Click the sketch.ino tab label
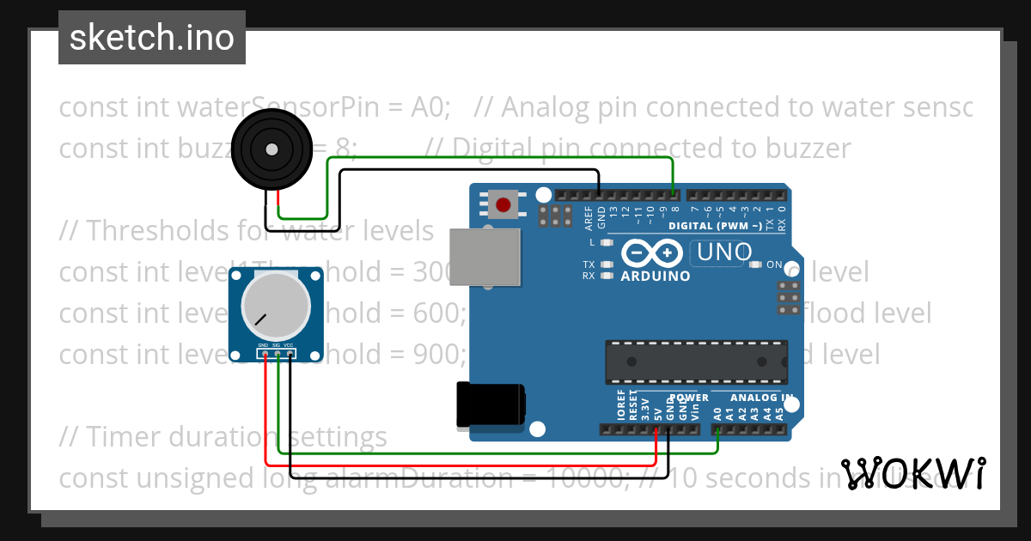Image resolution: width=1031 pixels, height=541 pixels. (x=152, y=38)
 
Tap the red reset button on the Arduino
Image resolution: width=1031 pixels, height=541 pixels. (x=503, y=205)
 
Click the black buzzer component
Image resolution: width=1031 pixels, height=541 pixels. (x=271, y=150)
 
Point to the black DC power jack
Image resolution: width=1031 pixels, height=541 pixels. (x=491, y=404)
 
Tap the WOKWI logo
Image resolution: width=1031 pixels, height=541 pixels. (x=912, y=474)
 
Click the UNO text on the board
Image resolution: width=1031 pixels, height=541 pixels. (x=724, y=252)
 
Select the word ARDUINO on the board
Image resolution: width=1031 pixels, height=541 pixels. (x=656, y=277)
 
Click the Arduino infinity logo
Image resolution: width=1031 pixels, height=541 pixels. (x=655, y=253)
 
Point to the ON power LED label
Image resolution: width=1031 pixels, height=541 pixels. (x=774, y=264)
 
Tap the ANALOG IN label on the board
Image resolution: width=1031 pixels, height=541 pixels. (x=760, y=398)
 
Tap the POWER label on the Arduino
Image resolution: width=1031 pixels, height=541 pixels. (x=689, y=398)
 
